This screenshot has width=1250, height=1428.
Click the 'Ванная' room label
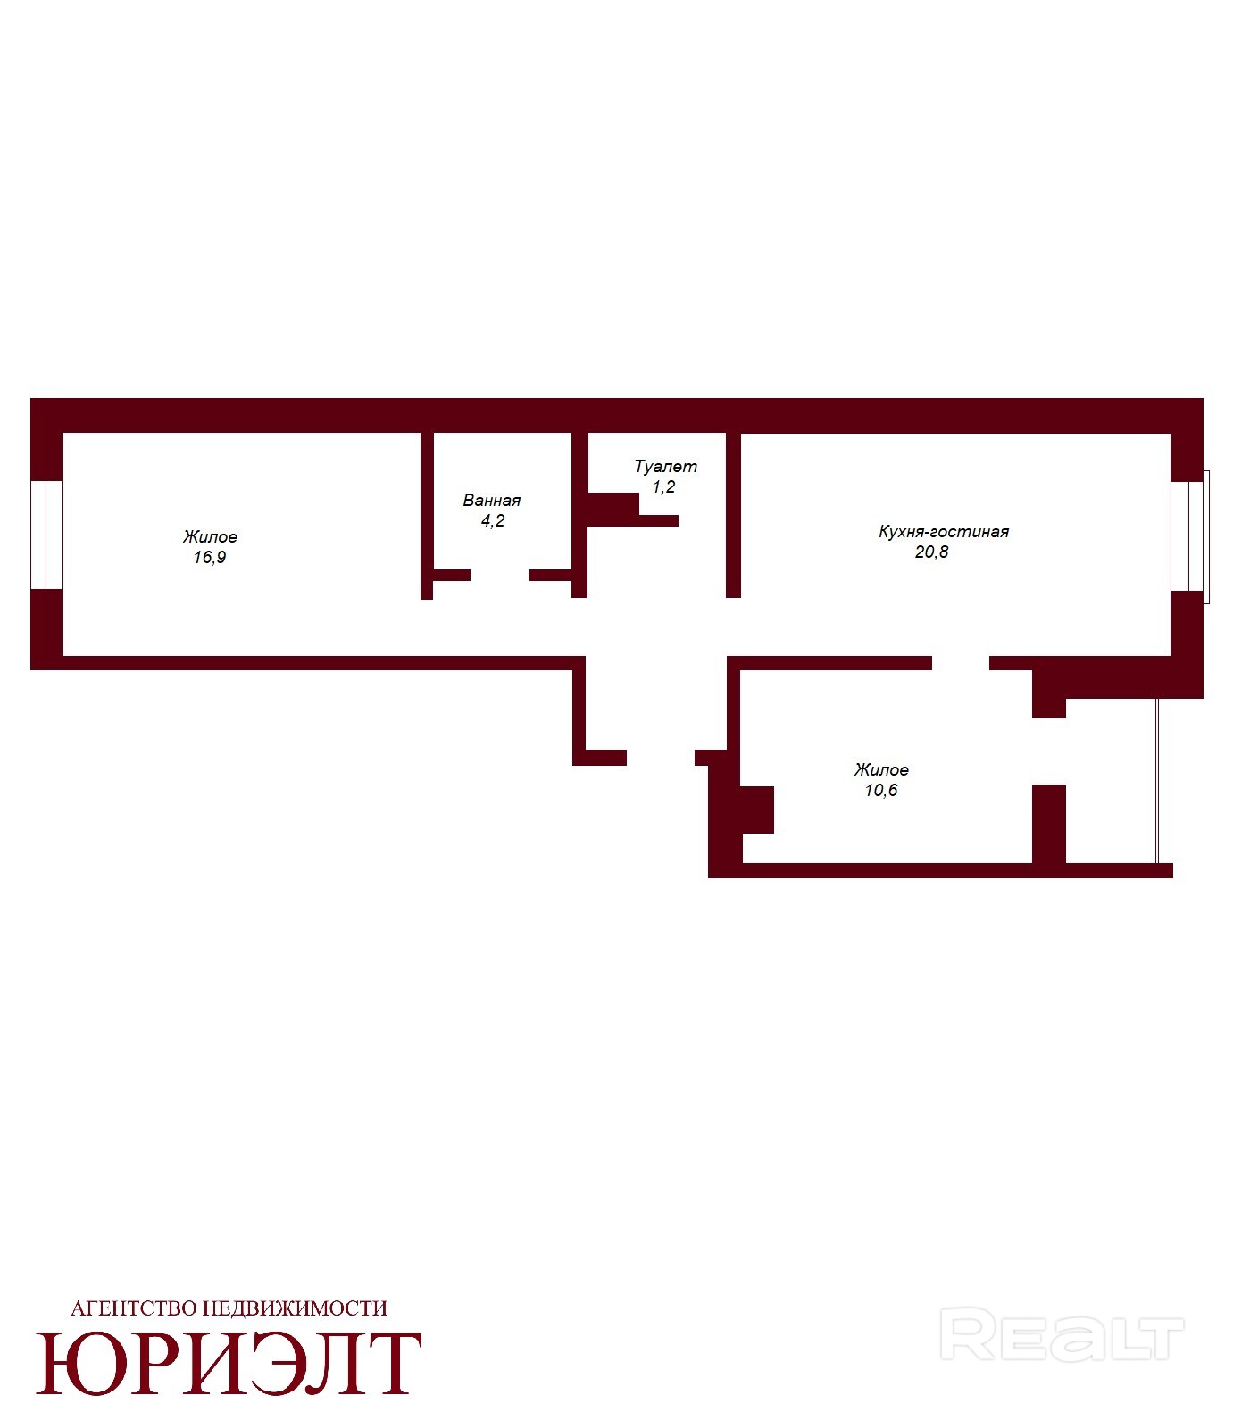point(491,501)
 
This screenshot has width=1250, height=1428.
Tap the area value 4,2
point(493,521)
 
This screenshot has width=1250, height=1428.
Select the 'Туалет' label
point(665,466)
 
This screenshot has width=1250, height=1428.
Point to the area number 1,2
point(663,487)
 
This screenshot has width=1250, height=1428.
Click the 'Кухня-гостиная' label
point(944,532)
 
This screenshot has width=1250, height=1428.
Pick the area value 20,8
point(931,552)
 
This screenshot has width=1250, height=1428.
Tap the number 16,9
point(210,558)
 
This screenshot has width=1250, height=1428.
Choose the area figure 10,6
point(881,791)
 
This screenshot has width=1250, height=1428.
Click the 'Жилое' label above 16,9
point(210,537)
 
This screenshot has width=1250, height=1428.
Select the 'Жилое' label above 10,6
point(881,769)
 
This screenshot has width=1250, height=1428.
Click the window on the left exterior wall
point(46,535)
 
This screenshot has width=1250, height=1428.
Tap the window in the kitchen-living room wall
point(1190,536)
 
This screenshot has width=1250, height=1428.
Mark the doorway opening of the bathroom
point(499,575)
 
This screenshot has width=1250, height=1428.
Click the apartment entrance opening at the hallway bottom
point(661,758)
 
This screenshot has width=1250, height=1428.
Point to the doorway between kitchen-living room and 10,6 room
point(961,663)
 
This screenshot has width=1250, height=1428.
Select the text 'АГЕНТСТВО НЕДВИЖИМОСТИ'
point(229,1308)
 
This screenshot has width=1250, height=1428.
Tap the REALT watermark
point(1062,1334)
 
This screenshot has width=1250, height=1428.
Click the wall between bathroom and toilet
point(579,515)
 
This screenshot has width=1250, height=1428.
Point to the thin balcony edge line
point(1157,781)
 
